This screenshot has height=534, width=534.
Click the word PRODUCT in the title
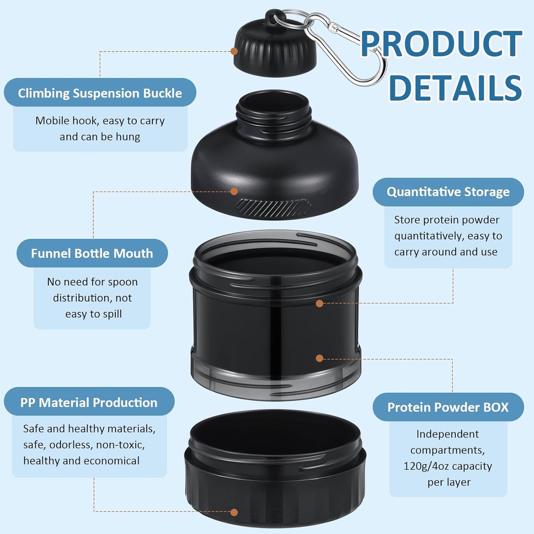point(441,44)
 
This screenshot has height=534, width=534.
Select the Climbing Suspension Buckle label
point(100,93)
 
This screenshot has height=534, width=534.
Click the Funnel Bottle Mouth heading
point(92,253)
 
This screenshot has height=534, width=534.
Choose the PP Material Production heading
point(89,403)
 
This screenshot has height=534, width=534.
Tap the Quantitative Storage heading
point(448,192)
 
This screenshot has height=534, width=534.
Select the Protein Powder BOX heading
point(447,407)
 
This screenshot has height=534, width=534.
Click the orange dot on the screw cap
point(234,51)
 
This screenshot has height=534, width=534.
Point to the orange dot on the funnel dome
point(234,191)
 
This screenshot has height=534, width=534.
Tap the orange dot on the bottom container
point(234,512)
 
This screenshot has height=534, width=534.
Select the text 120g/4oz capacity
point(447,466)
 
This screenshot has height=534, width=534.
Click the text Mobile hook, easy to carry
point(100,121)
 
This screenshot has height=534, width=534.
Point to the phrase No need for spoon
point(92,282)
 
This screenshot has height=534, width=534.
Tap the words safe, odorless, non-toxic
point(84,445)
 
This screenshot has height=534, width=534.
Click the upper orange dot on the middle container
point(319,303)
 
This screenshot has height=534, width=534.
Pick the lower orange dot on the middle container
point(319,358)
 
